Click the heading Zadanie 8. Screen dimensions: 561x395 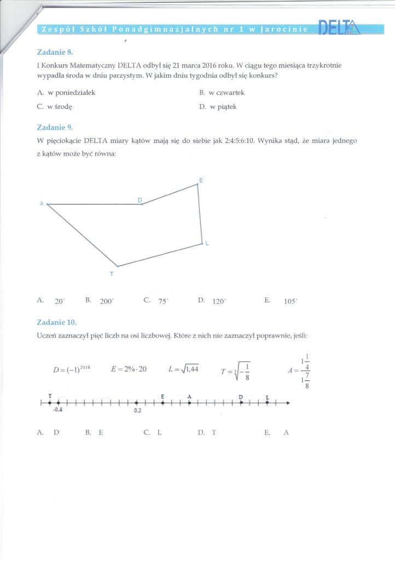(54, 52)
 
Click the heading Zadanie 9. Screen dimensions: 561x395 (54, 127)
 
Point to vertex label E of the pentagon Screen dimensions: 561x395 (201, 180)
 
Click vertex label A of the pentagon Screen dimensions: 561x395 (42, 204)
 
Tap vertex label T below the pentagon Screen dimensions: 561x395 (112, 273)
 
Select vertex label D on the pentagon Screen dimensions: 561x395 (140, 200)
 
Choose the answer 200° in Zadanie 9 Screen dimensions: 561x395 (106, 301)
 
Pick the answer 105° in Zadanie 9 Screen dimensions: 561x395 (291, 301)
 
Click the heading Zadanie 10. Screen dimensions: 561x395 (56, 322)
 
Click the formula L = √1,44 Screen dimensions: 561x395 (183, 369)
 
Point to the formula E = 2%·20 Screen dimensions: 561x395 (129, 369)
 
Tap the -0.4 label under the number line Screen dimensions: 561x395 (57, 410)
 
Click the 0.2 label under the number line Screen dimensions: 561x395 (137, 410)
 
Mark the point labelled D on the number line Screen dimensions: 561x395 (241, 403)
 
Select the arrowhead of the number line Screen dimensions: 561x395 (288, 403)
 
